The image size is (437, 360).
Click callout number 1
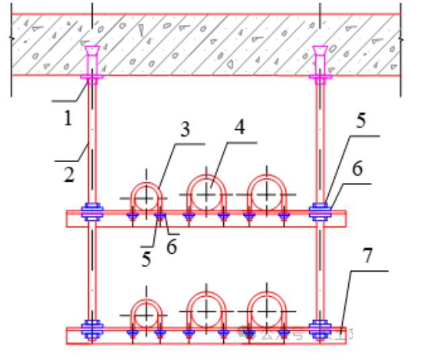[67, 119]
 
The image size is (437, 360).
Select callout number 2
[67, 176]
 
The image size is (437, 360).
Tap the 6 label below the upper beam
[171, 247]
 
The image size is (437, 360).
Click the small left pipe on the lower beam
[146, 314]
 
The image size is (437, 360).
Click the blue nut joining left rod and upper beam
[92, 212]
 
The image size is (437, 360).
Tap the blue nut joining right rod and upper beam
[319, 212]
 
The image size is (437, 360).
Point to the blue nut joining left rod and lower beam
[92, 329]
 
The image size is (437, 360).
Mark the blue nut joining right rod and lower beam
[319, 329]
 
